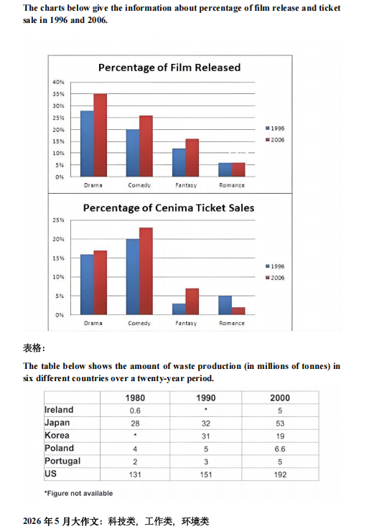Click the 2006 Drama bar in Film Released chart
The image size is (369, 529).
click(101, 135)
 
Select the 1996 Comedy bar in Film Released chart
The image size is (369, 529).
click(133, 153)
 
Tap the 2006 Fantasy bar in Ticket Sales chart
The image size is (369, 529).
click(192, 301)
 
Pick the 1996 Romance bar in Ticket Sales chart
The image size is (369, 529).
click(225, 305)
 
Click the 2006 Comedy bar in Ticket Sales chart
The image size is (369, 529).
click(146, 271)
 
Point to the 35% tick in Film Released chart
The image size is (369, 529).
click(58, 94)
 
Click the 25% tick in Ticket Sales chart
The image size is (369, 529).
click(58, 220)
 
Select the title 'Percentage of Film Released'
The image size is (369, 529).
click(169, 67)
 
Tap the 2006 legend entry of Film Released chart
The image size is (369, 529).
click(275, 140)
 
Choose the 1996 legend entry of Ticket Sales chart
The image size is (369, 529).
click(275, 266)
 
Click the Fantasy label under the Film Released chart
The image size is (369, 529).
click(186, 185)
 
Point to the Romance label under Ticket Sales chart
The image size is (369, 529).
click(232, 323)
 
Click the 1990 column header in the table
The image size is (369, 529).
click(206, 398)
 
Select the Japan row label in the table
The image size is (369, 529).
click(57, 423)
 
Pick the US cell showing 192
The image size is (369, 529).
click(280, 474)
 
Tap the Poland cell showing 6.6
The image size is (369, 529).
click(280, 449)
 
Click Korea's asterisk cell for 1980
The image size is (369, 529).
click(135, 435)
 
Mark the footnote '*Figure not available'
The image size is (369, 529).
click(78, 493)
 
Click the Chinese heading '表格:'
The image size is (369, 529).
click(34, 348)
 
